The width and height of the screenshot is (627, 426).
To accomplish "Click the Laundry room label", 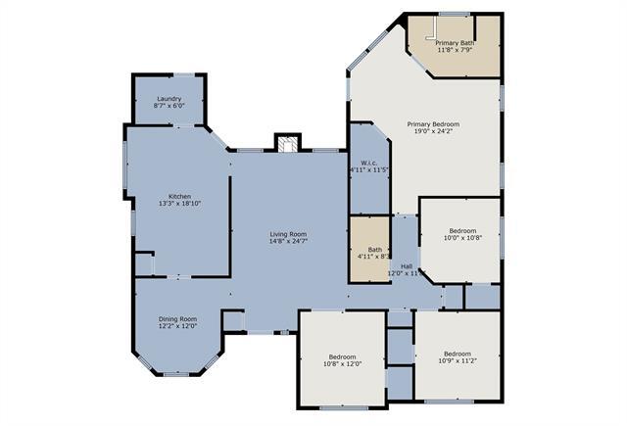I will pyautogui.click(x=169, y=99).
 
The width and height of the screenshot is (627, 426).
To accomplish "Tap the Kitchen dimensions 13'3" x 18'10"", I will pyautogui.click(x=179, y=204).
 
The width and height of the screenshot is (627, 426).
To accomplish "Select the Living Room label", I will pyautogui.click(x=289, y=234).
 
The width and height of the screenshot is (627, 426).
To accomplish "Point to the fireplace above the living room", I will pyautogui.click(x=286, y=145).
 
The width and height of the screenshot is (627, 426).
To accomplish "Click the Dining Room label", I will pyautogui.click(x=178, y=319).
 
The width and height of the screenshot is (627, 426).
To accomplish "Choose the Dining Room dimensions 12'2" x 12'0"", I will pyautogui.click(x=178, y=327).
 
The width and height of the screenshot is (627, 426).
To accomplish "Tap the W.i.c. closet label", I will pyautogui.click(x=369, y=163).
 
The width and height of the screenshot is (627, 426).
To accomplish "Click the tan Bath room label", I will pyautogui.click(x=375, y=250).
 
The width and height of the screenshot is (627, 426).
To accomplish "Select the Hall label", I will pyautogui.click(x=407, y=266).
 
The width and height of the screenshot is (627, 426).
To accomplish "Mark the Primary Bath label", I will pyautogui.click(x=455, y=43).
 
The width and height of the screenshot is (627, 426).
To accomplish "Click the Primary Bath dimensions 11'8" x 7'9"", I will pyautogui.click(x=455, y=51).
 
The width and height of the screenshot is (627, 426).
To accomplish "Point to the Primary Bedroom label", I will pyautogui.click(x=434, y=124).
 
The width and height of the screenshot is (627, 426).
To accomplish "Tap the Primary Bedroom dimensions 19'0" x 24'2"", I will pyautogui.click(x=434, y=132).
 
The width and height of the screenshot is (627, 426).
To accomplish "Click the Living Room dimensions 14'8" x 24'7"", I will pyautogui.click(x=289, y=242).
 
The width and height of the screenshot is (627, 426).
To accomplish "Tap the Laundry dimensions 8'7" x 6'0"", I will pyautogui.click(x=169, y=107).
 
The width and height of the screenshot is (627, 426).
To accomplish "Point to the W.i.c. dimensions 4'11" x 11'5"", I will pyautogui.click(x=369, y=170).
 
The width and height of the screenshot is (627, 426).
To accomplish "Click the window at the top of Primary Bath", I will pyautogui.click(x=454, y=14).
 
